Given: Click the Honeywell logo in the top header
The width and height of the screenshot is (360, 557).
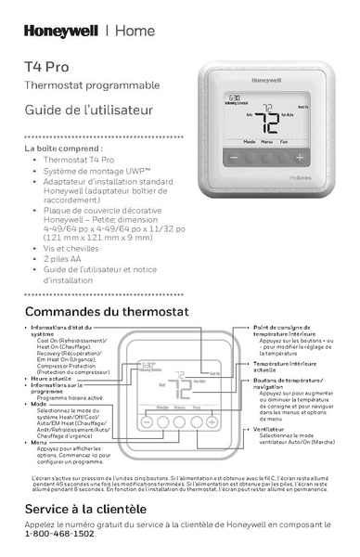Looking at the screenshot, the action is click(x=60, y=30).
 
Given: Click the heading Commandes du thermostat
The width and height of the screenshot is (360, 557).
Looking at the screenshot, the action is click(x=106, y=310).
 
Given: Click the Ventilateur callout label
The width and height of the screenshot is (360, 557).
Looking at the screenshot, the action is click(x=270, y=429).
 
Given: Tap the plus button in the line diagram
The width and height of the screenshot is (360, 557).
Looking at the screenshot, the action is click(x=212, y=421).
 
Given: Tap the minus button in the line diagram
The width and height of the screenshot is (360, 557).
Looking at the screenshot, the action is click(x=146, y=421).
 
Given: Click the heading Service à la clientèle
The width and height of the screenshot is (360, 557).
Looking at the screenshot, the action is click(x=85, y=509).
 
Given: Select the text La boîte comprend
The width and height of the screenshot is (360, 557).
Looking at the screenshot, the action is click(x=63, y=149).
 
